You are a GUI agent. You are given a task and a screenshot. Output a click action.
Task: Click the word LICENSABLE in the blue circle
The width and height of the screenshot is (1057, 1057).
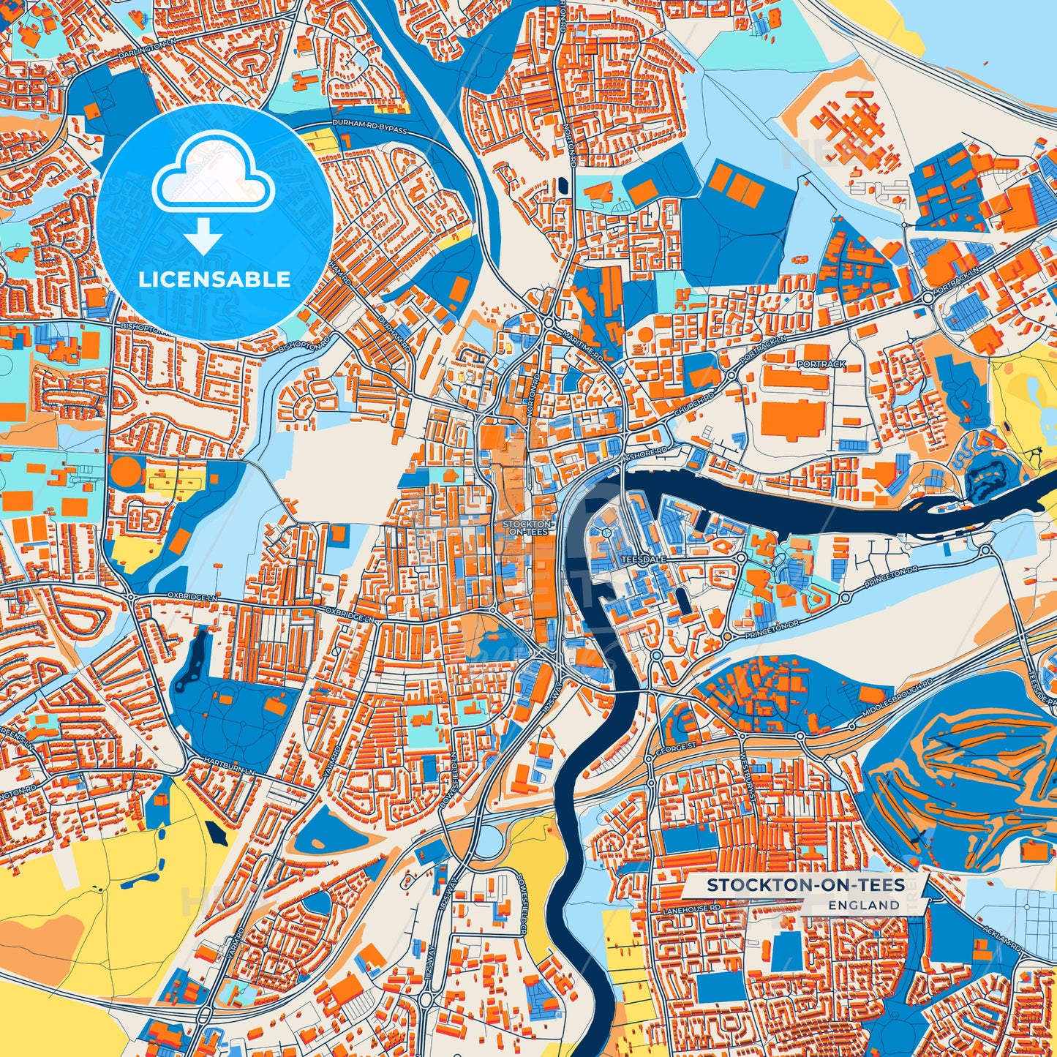pyautogui.click(x=214, y=279)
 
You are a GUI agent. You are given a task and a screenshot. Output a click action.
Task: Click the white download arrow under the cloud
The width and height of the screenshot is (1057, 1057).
pyautogui.click(x=203, y=235)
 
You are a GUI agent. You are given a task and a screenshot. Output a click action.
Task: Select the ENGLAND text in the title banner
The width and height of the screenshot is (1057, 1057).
pyautogui.click(x=864, y=905)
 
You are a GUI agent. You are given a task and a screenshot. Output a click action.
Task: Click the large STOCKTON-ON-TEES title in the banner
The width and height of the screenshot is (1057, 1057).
pyautogui.click(x=805, y=885)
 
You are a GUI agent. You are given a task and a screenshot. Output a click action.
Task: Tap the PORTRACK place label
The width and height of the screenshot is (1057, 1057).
pyautogui.click(x=821, y=364)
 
